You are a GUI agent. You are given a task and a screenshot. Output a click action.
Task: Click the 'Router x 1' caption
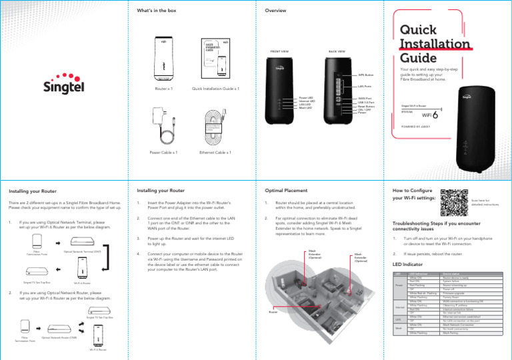point(164,87)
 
